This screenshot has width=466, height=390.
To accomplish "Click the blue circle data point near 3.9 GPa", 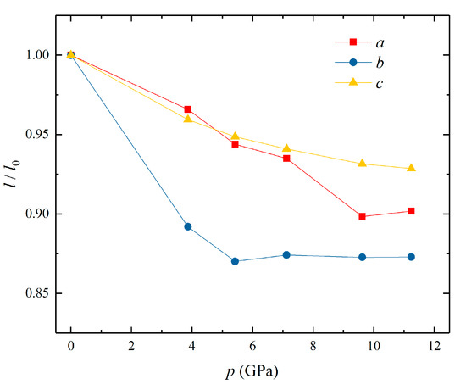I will tap(188, 226).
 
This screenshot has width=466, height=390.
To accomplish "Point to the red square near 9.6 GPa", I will tap(362, 216).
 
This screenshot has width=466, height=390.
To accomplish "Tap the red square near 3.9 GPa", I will tap(188, 109).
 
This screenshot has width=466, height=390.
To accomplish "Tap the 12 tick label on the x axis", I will tap(434, 346).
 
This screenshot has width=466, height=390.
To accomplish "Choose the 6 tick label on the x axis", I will tap(252, 346).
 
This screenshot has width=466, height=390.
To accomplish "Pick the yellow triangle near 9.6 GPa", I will tap(362, 163).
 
